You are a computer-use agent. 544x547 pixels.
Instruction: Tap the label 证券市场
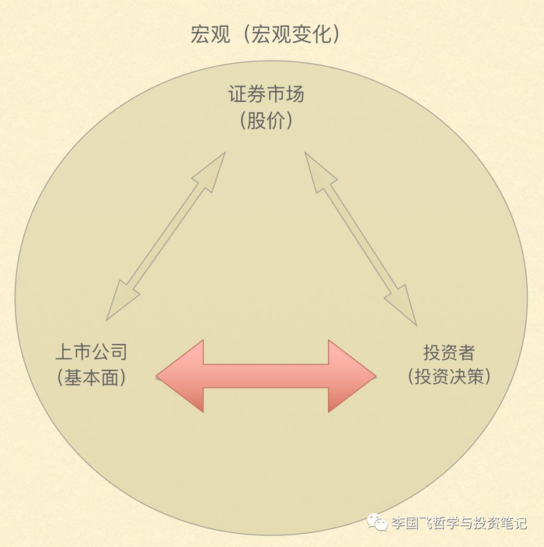266,96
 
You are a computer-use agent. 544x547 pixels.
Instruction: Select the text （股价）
266,122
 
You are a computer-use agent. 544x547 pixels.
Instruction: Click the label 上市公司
92,352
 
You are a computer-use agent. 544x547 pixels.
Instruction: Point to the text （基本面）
92,378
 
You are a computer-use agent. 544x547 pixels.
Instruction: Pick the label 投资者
448,352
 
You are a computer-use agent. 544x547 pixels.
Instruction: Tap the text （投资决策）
448,378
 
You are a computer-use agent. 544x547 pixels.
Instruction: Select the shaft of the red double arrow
266,376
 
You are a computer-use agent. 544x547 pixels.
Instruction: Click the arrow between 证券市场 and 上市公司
166,236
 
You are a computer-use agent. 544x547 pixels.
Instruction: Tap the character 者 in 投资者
466,352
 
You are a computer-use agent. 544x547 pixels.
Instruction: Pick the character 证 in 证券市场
238,96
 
